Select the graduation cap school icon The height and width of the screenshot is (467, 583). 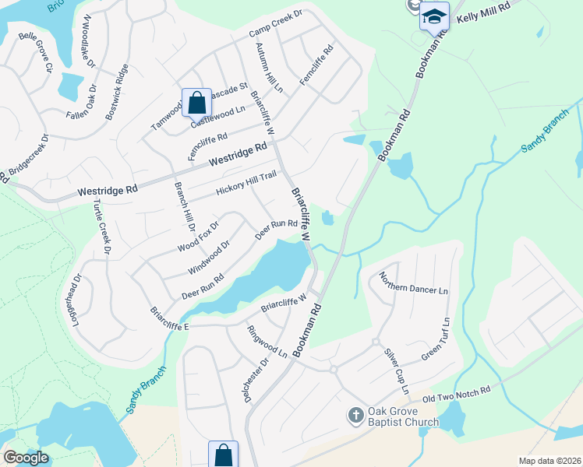(x=434, y=16)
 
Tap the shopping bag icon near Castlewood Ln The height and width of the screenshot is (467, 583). (x=196, y=102)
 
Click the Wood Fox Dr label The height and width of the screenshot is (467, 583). (x=199, y=237)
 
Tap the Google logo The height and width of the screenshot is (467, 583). (x=26, y=458)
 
